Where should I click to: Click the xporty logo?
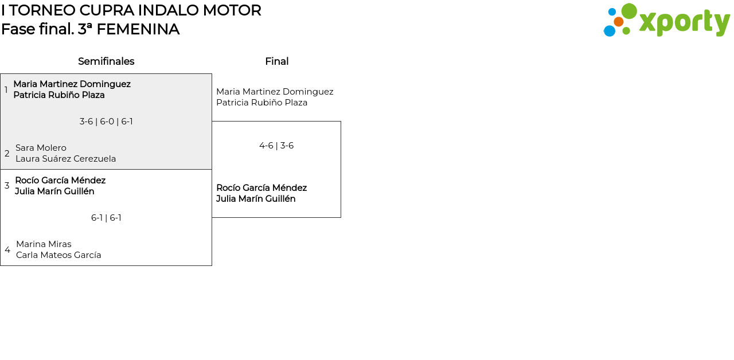pyautogui.click(x=666, y=21)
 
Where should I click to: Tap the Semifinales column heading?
pyautogui.click(x=106, y=61)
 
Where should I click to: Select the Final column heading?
pyautogui.click(x=276, y=61)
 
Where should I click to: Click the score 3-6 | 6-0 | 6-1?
pyautogui.click(x=106, y=122)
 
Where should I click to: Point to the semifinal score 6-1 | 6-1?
pyautogui.click(x=106, y=218)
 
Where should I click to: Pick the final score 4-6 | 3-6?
pyautogui.click(x=276, y=146)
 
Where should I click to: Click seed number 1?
pyautogui.click(x=6, y=90)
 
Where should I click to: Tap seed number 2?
pyautogui.click(x=7, y=154)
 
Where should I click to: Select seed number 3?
pyautogui.click(x=7, y=186)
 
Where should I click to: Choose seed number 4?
pyautogui.click(x=7, y=250)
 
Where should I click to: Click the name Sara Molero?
pyautogui.click(x=41, y=148)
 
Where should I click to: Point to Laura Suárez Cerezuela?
pyautogui.click(x=65, y=159)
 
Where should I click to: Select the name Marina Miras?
pyautogui.click(x=44, y=244)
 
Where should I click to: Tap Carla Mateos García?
pyautogui.click(x=58, y=255)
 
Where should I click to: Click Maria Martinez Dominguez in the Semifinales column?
pyautogui.click(x=72, y=84)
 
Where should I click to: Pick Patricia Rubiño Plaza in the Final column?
pyautogui.click(x=261, y=103)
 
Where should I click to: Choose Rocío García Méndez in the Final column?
pyautogui.click(x=261, y=188)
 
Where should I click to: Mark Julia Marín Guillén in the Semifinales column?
pyautogui.click(x=54, y=191)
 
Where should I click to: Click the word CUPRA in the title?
pyautogui.click(x=103, y=10)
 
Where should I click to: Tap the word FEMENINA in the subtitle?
pyautogui.click(x=138, y=29)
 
